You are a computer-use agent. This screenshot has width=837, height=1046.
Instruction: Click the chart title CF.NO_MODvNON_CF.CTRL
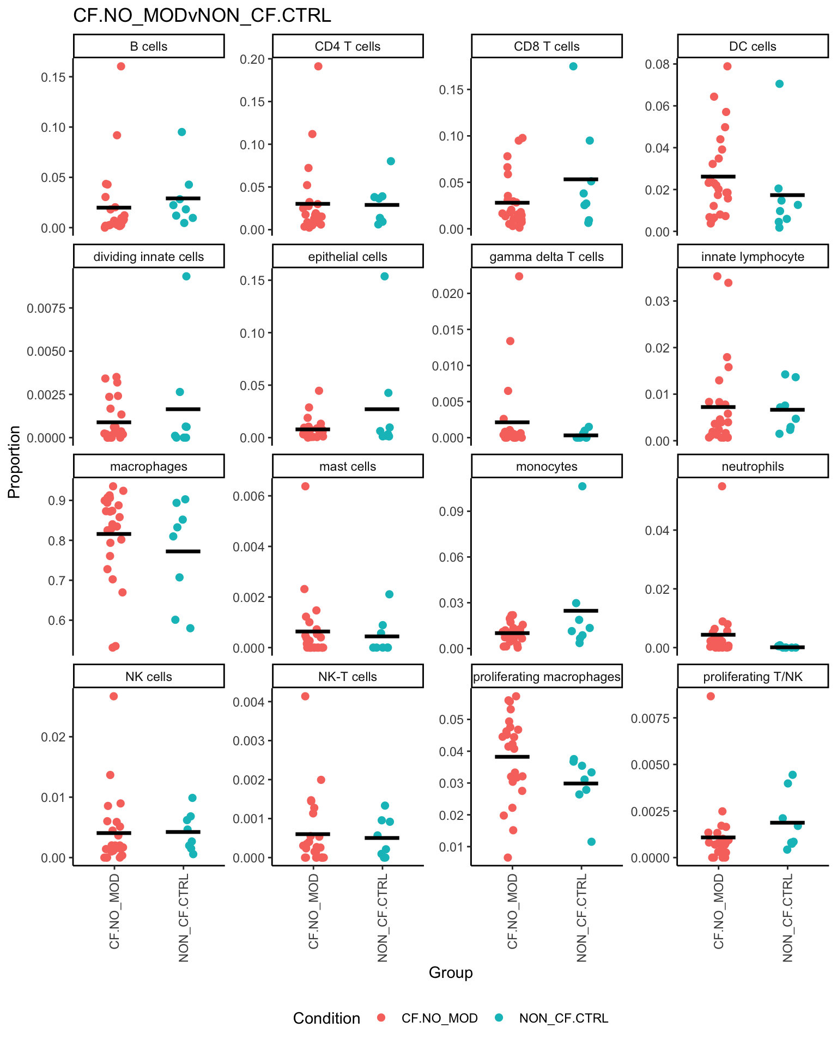tap(202, 15)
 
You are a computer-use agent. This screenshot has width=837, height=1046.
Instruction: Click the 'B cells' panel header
tap(149, 46)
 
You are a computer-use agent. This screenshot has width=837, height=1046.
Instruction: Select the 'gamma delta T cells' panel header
tap(547, 257)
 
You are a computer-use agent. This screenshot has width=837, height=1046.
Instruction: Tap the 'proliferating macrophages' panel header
tap(547, 677)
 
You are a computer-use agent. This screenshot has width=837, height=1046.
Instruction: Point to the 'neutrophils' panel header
tap(753, 466)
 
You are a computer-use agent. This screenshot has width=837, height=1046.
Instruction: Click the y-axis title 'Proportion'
tap(14, 462)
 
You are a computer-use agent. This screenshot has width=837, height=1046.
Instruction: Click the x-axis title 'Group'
tap(451, 972)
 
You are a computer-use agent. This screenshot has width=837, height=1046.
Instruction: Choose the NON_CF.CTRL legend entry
tap(563, 1018)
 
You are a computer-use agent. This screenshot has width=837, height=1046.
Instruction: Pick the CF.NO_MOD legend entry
tap(439, 1018)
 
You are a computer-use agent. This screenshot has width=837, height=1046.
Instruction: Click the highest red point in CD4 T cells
tap(318, 66)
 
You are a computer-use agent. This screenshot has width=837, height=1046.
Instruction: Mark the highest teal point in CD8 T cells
tap(573, 66)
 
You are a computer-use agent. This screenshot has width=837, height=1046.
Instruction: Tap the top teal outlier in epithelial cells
tap(384, 276)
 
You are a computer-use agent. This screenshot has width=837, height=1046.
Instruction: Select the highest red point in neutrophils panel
tap(721, 486)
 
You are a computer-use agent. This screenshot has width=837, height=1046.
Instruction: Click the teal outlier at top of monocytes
tap(582, 486)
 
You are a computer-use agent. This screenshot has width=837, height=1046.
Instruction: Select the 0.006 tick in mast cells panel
tap(247, 496)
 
